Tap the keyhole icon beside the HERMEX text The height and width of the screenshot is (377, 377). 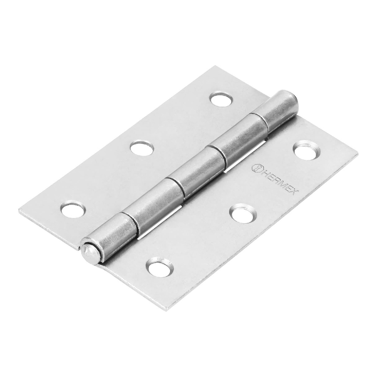[x=255, y=168]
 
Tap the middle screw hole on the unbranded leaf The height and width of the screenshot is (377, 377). [x=142, y=148]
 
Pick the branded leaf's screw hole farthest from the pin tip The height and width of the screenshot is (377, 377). [x=307, y=151]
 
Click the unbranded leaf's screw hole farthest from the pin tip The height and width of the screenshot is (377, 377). [x=222, y=99]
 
